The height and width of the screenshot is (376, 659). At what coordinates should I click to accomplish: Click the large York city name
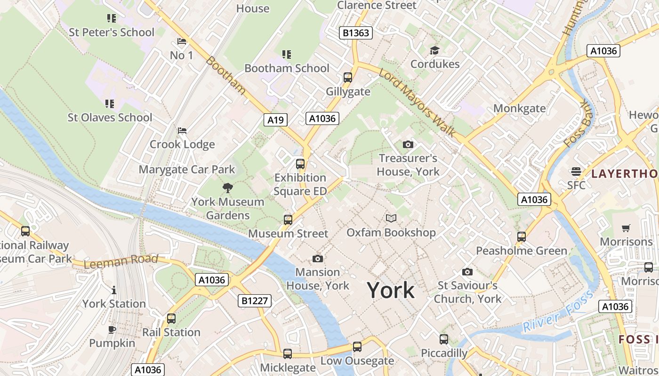click(x=391, y=290)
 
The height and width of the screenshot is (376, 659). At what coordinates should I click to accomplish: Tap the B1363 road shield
click(x=356, y=33)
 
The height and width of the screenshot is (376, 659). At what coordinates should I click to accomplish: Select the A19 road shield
click(x=275, y=120)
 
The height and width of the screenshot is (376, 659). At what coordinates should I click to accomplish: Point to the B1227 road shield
click(x=255, y=300)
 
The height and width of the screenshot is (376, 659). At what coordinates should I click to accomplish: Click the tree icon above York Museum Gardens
click(x=228, y=188)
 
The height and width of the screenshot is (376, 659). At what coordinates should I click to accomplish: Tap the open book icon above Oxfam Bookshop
click(x=391, y=218)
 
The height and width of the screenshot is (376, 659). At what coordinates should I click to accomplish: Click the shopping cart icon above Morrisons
click(x=626, y=228)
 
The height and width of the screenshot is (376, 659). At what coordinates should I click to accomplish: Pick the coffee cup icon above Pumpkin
click(x=112, y=329)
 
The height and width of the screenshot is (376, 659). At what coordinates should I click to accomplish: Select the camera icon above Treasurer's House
click(x=408, y=144)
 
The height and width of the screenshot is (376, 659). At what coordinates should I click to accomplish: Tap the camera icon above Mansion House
click(x=318, y=258)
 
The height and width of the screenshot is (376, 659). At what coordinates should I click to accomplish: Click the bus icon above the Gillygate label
click(x=348, y=78)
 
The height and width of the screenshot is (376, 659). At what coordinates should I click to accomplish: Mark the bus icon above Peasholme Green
click(x=522, y=237)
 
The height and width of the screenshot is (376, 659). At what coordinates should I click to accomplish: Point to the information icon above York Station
click(x=114, y=290)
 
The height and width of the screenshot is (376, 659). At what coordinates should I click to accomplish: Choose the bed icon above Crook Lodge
click(x=182, y=131)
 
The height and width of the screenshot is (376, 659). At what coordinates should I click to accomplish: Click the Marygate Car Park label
click(x=186, y=169)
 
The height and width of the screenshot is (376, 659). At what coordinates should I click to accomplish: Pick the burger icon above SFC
click(x=576, y=171)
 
